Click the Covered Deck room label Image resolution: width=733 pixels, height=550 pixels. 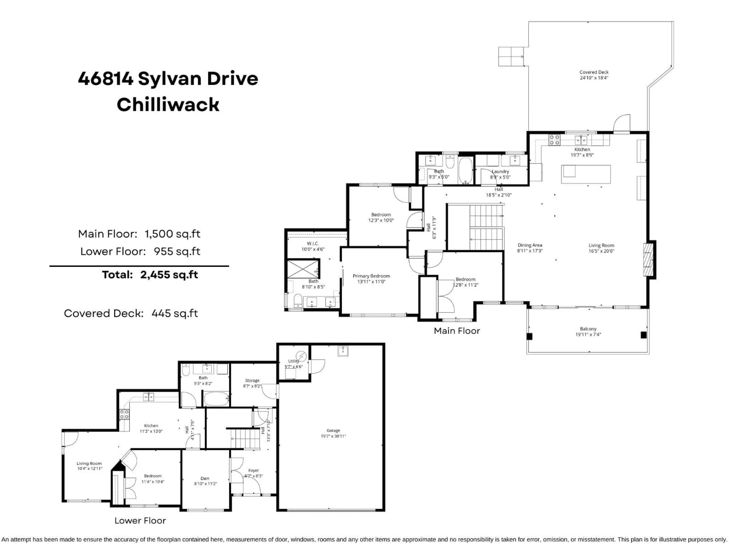[594, 72]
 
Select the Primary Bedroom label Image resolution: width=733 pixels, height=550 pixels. [371, 276]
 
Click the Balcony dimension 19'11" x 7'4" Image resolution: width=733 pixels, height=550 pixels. [588, 335]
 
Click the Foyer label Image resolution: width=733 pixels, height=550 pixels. [253, 470]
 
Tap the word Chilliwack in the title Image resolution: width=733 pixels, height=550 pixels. [168, 105]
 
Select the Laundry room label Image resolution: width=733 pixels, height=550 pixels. [500, 171]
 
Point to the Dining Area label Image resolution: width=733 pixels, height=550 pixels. [530, 245]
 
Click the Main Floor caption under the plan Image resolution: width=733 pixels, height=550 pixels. [457, 331]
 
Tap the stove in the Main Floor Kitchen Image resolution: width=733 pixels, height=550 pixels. [554, 140]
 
